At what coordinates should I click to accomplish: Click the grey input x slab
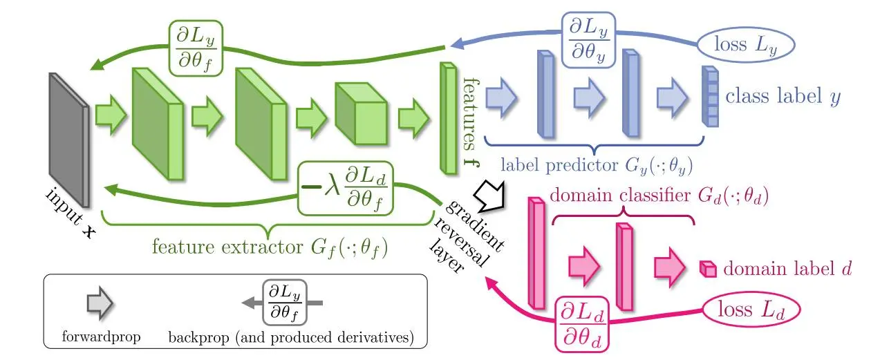point(68,138)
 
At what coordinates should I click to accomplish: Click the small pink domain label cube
point(706,268)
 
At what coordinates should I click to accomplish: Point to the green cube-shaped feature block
point(359,111)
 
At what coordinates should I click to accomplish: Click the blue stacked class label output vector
point(709,97)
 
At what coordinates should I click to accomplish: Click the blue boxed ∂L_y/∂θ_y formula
point(588,39)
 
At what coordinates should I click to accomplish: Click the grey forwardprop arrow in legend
point(100,303)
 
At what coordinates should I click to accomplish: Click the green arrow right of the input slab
point(109,113)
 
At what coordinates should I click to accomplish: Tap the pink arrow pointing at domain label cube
point(668,265)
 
